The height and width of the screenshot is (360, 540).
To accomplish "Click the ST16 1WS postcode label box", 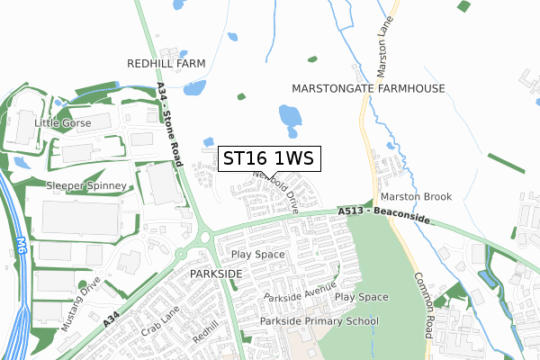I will coord(267,158).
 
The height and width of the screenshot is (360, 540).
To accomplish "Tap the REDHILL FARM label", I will coord(166,63).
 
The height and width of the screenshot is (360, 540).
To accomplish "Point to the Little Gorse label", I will coord(62,122).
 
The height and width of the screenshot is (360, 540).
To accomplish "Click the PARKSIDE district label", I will coord(216,272).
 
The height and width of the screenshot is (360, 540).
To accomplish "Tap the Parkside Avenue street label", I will coord(300,295).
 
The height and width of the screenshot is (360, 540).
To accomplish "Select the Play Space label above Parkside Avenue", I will coord(257,255).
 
